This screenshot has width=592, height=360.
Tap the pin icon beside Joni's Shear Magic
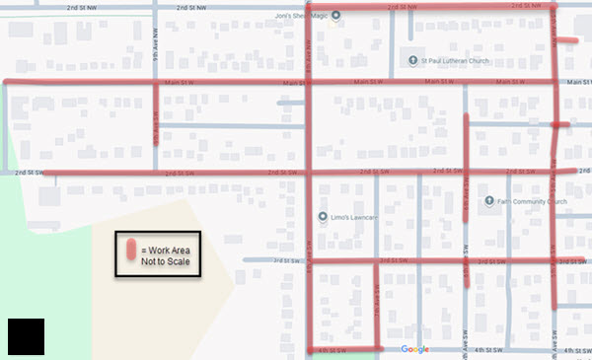click(x=336, y=15)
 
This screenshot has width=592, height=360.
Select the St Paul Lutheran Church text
click(x=455, y=60)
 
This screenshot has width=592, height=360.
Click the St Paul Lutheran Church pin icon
click(x=414, y=60)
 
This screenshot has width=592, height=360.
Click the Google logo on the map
click(x=415, y=349)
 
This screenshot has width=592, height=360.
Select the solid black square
click(x=25, y=336)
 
